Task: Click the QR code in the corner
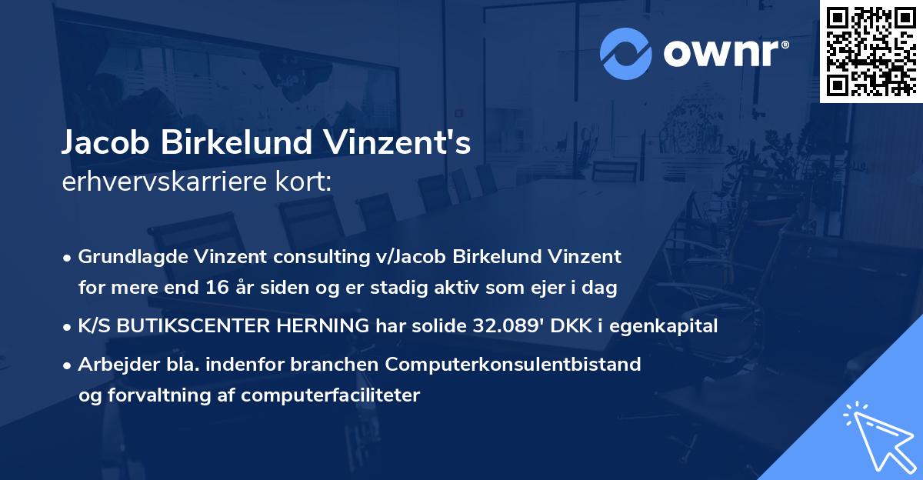[871, 51]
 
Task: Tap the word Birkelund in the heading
[243, 143]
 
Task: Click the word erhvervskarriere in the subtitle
[155, 182]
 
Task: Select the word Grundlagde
[125, 257]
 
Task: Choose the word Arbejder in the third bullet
[112, 364]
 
